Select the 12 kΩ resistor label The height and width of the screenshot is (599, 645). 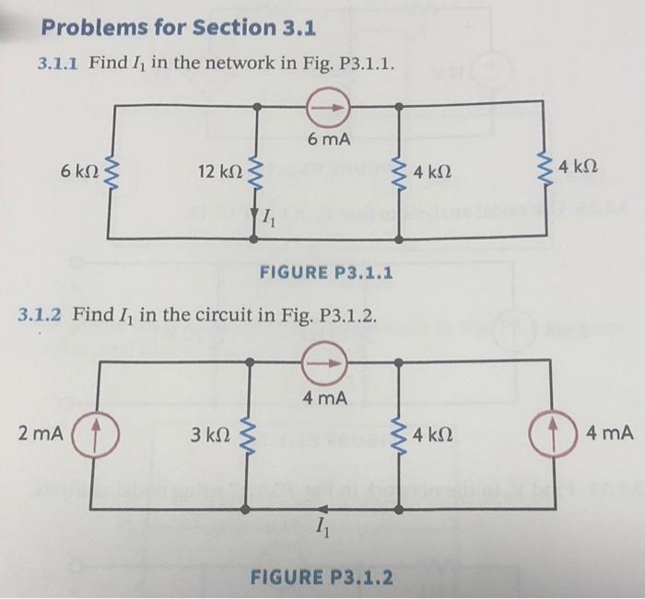point(219,171)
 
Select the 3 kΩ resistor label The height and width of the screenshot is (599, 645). point(209,433)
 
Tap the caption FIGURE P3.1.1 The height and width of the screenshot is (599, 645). point(326,273)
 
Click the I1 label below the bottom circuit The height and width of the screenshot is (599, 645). point(320,528)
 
